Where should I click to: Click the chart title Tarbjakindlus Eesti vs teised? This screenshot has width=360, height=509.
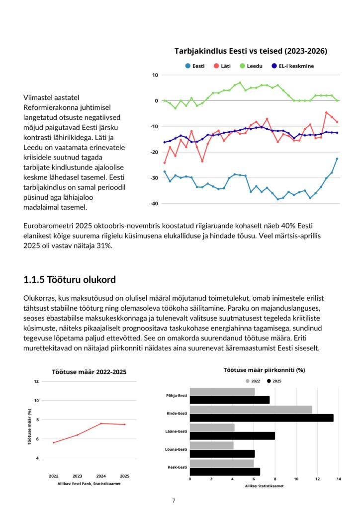251,51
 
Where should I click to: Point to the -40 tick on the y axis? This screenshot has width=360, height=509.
154,203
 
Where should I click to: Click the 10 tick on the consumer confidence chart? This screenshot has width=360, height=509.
155,75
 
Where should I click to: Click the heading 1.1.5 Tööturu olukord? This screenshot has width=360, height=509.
69,280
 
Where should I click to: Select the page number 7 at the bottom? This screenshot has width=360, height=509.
174,501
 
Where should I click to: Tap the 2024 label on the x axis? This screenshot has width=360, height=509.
101,476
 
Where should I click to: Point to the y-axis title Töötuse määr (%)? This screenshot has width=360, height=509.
30,426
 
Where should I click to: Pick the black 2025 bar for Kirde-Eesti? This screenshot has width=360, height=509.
262,418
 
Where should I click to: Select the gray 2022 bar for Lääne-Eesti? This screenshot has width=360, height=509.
212,427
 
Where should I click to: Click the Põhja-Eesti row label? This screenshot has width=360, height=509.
177,396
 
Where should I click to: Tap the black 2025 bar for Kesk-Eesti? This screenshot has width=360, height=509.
225,471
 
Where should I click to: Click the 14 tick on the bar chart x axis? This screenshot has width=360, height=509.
339,479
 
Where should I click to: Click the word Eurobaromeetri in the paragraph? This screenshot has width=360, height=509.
47,226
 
